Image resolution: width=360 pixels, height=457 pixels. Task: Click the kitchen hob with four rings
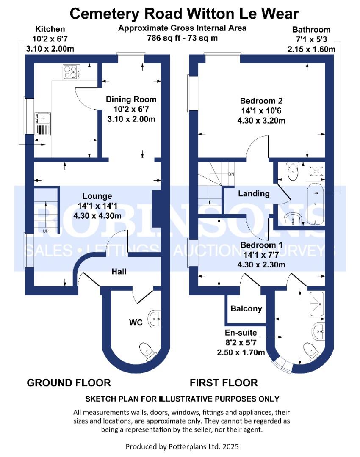coord(72,72)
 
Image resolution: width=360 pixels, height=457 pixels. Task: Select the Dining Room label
coord(131,100)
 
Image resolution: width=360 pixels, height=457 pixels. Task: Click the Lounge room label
coord(97,196)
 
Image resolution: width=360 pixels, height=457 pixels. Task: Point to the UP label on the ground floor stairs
coord(45,231)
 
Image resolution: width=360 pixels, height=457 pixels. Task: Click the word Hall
coord(119,271)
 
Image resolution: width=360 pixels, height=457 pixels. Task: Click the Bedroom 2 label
coord(261,101)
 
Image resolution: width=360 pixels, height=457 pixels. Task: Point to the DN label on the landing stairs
coord(231,174)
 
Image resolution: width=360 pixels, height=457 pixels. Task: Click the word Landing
coord(254,194)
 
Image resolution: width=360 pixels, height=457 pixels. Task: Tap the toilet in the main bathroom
coord(292,171)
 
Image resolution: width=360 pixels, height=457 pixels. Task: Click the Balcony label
coord(246,309)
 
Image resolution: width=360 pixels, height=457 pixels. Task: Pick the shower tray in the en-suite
coord(316,304)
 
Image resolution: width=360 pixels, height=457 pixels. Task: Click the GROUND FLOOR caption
coord(69,383)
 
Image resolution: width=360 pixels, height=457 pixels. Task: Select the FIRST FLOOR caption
coord(223,383)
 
